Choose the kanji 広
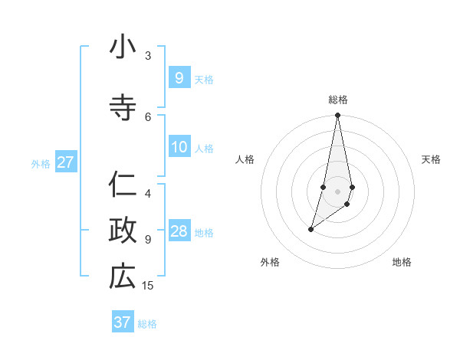point(123,277)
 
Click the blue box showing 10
point(179,147)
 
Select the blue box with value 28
point(179,231)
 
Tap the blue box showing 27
point(65,162)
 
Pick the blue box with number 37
point(123,322)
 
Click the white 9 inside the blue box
point(179,78)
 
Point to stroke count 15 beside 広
point(148,286)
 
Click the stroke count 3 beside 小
point(148,56)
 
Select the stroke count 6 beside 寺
point(148,117)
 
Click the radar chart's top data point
point(337,115)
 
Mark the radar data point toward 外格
point(310,229)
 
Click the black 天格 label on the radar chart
point(431,159)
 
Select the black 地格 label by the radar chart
point(402,262)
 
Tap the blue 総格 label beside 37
point(147,324)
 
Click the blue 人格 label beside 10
point(204,149)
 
